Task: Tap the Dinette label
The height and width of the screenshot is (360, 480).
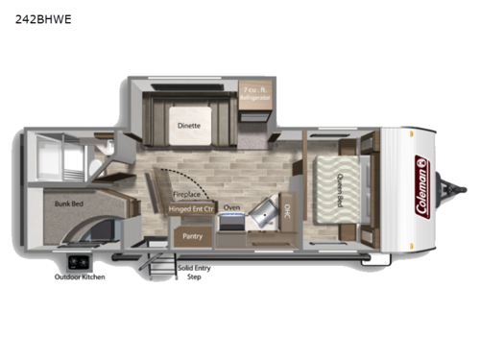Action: [188, 125]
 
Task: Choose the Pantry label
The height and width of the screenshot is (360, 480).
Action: [189, 233]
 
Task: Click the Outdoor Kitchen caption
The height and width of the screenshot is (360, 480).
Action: [80, 277]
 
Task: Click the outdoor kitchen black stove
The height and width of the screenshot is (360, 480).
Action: [78, 261]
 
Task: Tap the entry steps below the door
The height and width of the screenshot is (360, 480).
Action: [163, 265]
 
